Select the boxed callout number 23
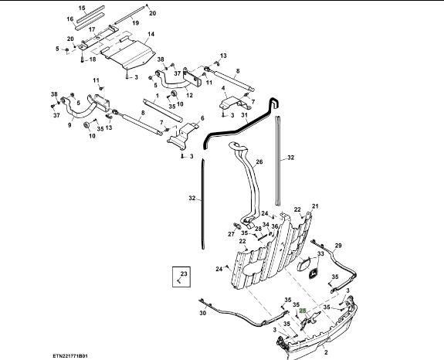184,273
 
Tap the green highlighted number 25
303,311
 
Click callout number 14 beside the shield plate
151,34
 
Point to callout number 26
259,161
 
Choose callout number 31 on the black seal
244,115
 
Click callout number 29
338,246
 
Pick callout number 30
203,313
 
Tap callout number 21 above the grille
315,206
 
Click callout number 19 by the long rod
136,22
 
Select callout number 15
82,8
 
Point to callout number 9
69,124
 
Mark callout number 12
189,95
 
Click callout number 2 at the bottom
326,352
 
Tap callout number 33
320,253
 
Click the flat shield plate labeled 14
129,54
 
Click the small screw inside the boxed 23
178,280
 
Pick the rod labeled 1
163,110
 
